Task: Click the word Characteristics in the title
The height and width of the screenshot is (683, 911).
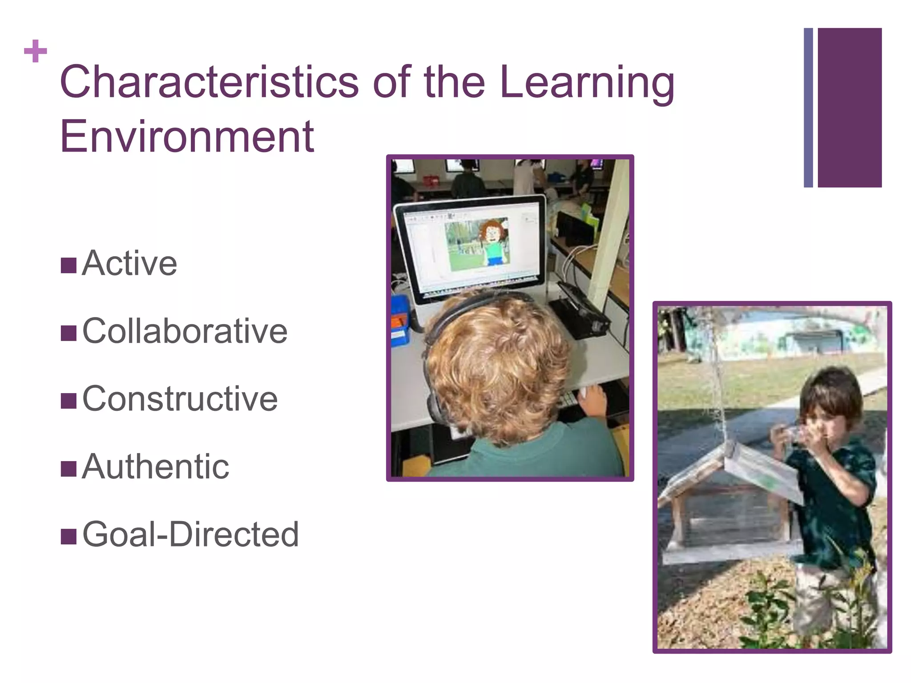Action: coord(209,82)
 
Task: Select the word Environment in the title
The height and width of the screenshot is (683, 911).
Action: coord(187,136)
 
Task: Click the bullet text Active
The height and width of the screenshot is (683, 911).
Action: coord(129,263)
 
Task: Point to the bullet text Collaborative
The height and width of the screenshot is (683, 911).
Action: coord(185,331)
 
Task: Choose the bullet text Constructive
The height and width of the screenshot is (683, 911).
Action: coord(180,399)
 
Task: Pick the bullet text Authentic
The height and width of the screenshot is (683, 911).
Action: coord(156,466)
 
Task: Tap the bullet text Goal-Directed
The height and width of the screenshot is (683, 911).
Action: coord(191,534)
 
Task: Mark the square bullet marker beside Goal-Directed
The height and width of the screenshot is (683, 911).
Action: coord(69,536)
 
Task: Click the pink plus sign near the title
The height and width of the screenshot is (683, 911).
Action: coord(35,51)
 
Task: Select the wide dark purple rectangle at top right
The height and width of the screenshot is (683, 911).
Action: coord(849,107)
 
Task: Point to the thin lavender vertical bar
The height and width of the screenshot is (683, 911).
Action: coord(808,107)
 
